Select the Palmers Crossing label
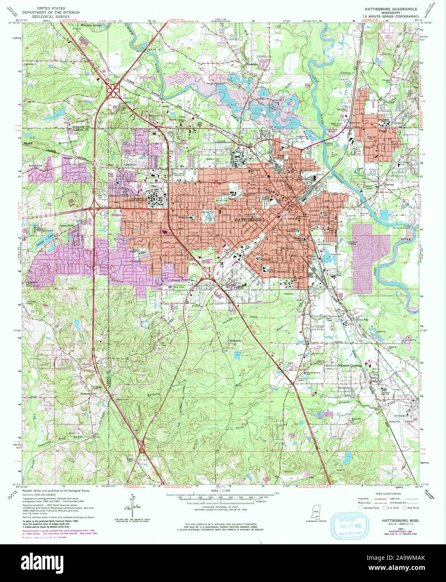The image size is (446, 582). point(350,366)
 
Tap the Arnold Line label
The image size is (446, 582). point(36,165)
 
